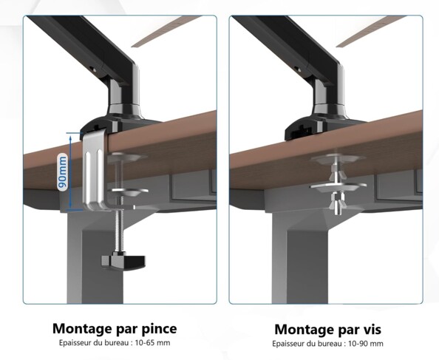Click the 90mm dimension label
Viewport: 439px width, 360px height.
point(63,171)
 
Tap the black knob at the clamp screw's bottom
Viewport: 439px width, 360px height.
point(120,260)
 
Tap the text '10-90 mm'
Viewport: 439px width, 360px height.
point(367,344)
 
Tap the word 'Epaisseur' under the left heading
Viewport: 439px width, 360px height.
point(75,343)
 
